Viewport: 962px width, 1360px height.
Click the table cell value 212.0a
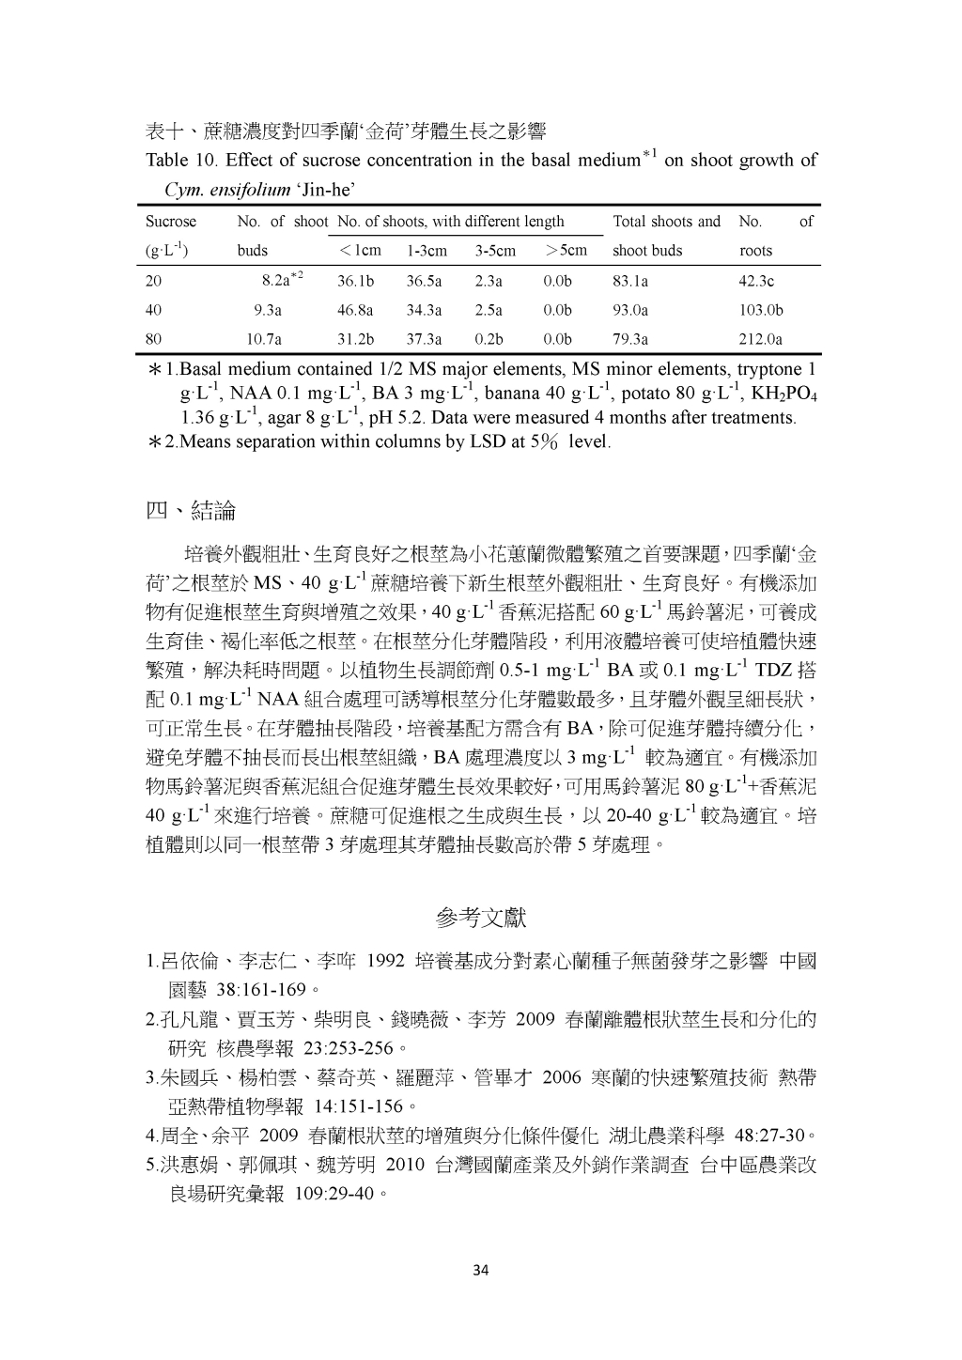760,339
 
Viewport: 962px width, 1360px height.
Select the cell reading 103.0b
760,310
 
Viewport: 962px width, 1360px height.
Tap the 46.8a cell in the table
355,310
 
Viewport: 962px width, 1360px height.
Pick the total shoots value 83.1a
629,281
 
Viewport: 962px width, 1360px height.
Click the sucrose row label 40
154,310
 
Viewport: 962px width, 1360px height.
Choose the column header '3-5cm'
495,251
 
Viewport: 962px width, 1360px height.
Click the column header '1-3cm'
427,251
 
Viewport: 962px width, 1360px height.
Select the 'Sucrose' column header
171,222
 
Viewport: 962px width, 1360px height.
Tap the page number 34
481,1271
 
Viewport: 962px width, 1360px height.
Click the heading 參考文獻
482,916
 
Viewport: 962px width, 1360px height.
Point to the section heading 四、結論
191,511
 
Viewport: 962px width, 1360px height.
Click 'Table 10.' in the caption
181,161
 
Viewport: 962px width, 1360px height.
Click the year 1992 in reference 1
385,961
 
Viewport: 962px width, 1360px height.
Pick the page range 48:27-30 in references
768,1136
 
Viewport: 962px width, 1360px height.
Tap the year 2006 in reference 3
563,1077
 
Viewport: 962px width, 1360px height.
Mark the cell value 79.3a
629,339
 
